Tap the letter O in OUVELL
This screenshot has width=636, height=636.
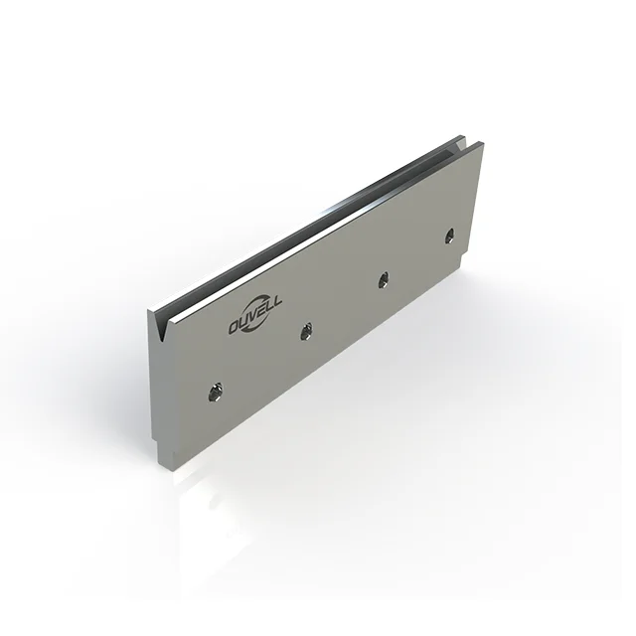point(236,329)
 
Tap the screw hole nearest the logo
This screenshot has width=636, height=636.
point(307,329)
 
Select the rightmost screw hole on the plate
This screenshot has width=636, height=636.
point(449,236)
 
